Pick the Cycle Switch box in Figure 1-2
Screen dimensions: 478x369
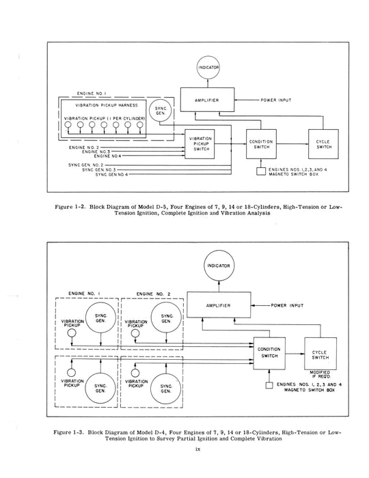click(323, 145)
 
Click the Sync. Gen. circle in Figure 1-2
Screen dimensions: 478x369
click(162, 112)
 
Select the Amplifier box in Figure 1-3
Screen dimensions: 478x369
click(220, 306)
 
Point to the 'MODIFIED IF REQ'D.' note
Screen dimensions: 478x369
click(320, 374)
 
